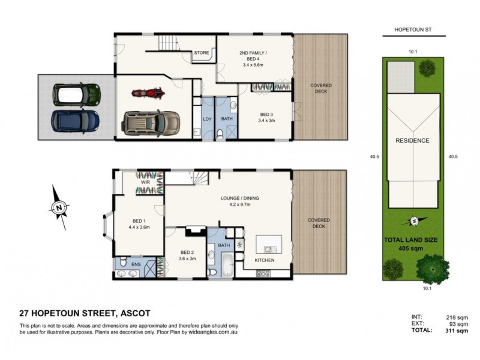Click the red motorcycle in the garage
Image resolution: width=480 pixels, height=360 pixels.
coord(147,94)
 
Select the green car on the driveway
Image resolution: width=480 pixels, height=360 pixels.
coord(76,94)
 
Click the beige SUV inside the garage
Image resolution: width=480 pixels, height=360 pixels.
coord(151,122)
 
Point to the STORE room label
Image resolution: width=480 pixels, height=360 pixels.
coord(201,53)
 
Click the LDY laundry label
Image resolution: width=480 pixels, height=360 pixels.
coord(208,119)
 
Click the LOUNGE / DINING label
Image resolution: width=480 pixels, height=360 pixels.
coord(243,197)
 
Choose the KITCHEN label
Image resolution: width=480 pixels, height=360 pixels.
coord(264,260)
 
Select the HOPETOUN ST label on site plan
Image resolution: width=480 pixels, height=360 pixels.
coord(413,29)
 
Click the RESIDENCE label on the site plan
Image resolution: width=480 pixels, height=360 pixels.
coord(412,140)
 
